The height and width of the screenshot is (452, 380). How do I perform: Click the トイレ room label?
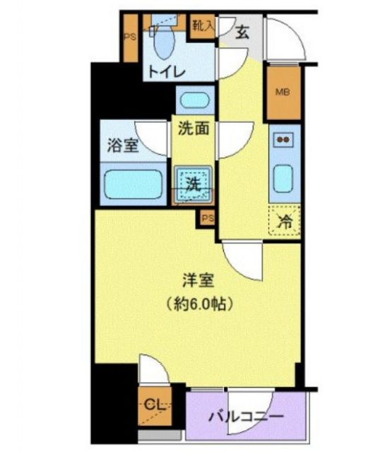click(x=166, y=72)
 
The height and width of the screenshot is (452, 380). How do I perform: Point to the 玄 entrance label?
click(x=242, y=32)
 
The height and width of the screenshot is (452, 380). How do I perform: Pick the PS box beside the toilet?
click(x=130, y=37)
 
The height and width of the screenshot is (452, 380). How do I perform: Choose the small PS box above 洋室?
click(x=207, y=218)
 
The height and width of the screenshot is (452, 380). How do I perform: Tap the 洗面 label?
click(x=193, y=130)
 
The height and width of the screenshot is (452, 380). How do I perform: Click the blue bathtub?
click(x=133, y=184)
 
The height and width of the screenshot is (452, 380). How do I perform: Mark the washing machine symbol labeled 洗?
click(x=193, y=183)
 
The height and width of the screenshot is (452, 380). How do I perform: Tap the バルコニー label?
click(x=247, y=416)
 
